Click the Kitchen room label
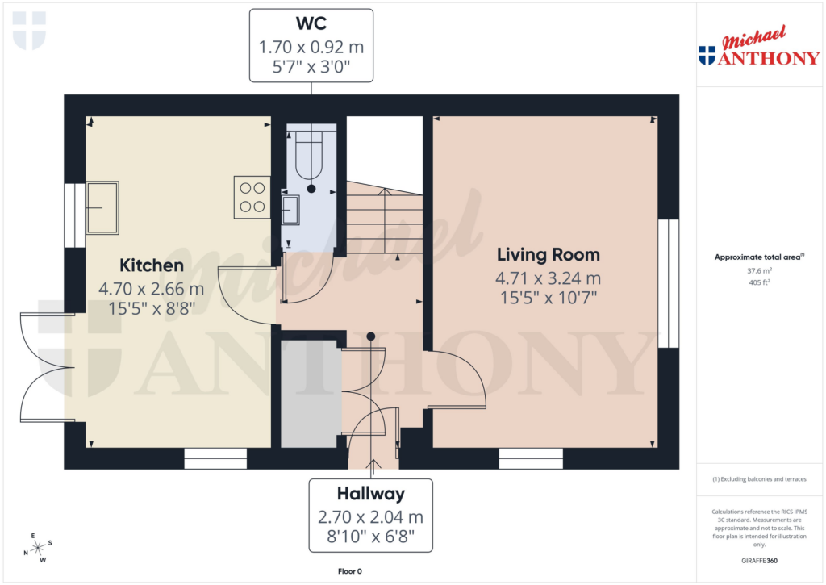tap(152, 265)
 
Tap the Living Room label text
tap(548, 255)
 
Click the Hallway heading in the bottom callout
tap(370, 494)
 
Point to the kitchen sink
tap(102, 207)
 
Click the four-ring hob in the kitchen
tap(252, 197)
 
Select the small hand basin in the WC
tap(290, 211)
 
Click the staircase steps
tap(385, 222)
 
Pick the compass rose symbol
tap(36, 548)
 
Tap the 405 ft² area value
tap(758, 283)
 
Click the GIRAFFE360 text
tap(758, 561)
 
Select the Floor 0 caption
tap(349, 571)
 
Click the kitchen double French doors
tap(44, 367)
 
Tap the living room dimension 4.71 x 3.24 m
tap(548, 279)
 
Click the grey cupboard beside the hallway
tap(308, 393)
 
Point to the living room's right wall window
tap(668, 283)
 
